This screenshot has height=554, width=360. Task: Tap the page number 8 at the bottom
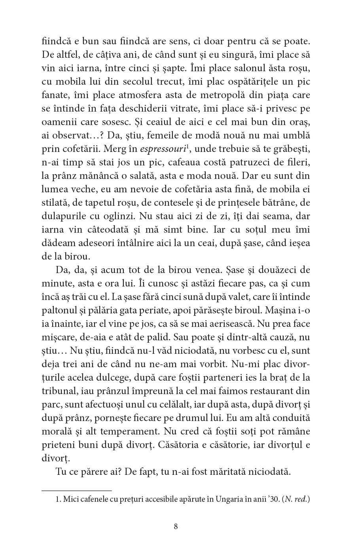coord(176,526)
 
